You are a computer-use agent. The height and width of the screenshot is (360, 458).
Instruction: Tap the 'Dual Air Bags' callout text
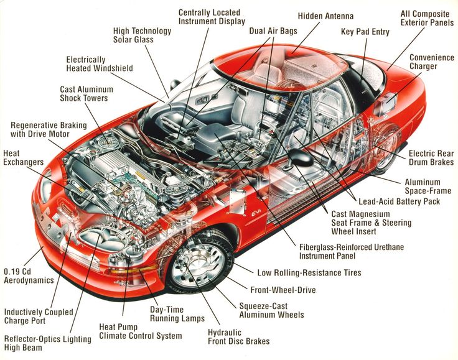point(273,30)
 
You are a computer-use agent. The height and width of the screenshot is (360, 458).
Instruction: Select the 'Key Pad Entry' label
point(366,32)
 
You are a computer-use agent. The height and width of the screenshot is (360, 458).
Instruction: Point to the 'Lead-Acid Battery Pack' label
point(399,201)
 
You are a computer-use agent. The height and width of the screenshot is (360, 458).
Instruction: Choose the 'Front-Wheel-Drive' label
point(283,290)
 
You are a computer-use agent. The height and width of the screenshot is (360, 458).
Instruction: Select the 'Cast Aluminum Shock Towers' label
point(83,94)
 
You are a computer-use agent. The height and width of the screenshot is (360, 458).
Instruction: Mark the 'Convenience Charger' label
point(431,62)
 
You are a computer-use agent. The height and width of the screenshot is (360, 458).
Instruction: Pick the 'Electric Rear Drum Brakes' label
point(431,158)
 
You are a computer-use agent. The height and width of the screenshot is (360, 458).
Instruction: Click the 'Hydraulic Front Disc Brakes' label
point(238,336)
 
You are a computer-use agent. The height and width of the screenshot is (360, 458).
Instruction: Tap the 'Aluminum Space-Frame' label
point(431,187)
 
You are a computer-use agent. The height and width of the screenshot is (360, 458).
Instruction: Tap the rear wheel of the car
point(386,150)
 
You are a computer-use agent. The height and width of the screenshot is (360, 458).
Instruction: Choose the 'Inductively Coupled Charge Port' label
point(38,317)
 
